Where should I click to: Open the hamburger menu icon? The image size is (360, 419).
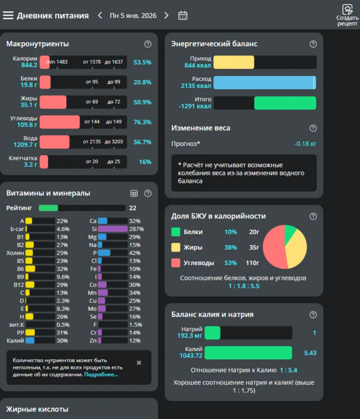click(8, 16)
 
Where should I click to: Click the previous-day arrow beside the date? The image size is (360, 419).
click(100, 16)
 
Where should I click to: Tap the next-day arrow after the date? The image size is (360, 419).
click(166, 16)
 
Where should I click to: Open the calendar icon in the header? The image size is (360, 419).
click(183, 16)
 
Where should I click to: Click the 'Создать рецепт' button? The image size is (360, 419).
click(347, 15)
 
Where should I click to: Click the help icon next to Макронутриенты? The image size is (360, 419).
click(148, 44)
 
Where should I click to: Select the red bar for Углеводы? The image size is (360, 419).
click(60, 122)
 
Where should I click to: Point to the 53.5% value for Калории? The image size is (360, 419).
click(142, 62)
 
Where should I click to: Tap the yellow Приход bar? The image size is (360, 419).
click(234, 62)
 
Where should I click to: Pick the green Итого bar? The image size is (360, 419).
click(285, 103)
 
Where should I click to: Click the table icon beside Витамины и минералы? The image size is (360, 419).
click(134, 193)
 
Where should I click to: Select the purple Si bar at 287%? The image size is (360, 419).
click(113, 229)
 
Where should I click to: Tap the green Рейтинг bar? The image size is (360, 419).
click(48, 208)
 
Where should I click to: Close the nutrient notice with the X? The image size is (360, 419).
click(139, 363)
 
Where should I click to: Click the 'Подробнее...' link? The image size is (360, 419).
click(101, 375)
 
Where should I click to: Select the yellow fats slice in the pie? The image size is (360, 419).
click(296, 250)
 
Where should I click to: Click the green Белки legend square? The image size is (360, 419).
click(176, 232)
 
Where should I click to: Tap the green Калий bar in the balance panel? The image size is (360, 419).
click(248, 353)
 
